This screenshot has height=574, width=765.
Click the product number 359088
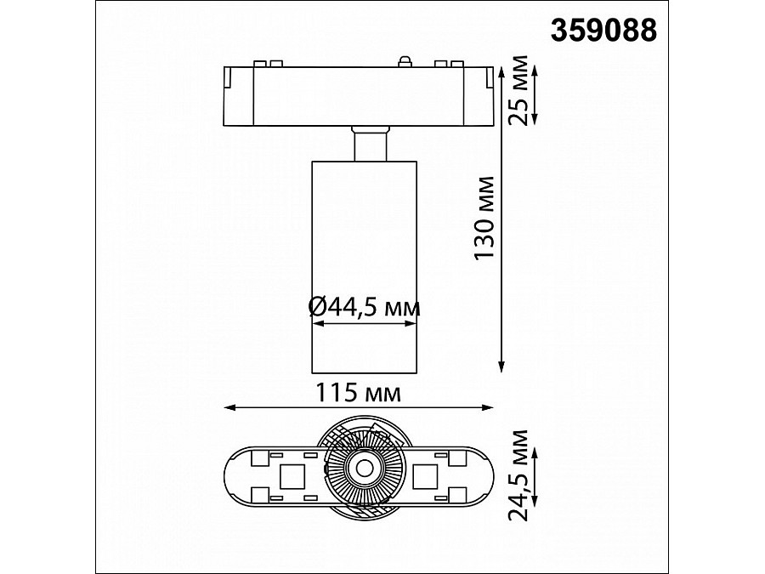point(604,31)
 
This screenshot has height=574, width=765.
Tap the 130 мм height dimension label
point(484,219)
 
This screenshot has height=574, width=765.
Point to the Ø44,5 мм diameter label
point(364,308)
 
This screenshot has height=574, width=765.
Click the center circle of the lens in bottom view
point(363,466)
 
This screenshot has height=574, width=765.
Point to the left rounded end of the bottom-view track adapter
point(235,472)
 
